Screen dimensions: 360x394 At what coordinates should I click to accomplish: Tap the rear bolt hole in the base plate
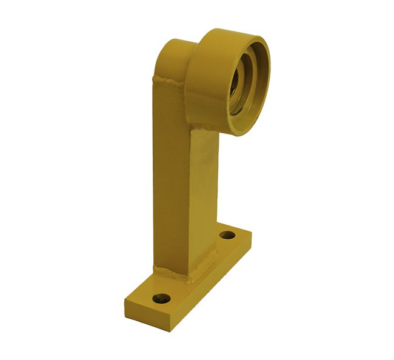pyautogui.click(x=227, y=235)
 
